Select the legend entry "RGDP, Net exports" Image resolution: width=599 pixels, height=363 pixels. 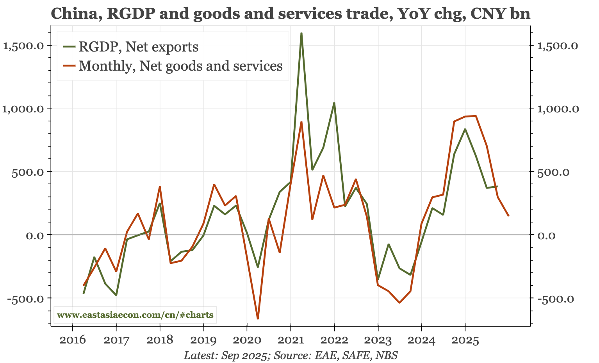(x=138, y=47)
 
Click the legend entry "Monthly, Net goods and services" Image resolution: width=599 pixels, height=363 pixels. (x=180, y=66)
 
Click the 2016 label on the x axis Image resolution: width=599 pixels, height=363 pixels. (x=72, y=340)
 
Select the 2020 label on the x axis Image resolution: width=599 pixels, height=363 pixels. (x=247, y=340)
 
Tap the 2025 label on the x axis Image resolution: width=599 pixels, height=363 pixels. (x=465, y=340)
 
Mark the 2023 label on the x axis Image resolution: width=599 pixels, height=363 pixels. (x=378, y=340)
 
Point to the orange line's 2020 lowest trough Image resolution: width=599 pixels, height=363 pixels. (x=258, y=319)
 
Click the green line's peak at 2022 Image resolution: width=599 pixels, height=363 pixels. (x=334, y=103)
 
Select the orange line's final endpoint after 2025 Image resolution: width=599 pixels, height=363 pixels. (x=508, y=216)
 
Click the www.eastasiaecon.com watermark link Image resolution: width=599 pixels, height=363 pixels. (x=135, y=315)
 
